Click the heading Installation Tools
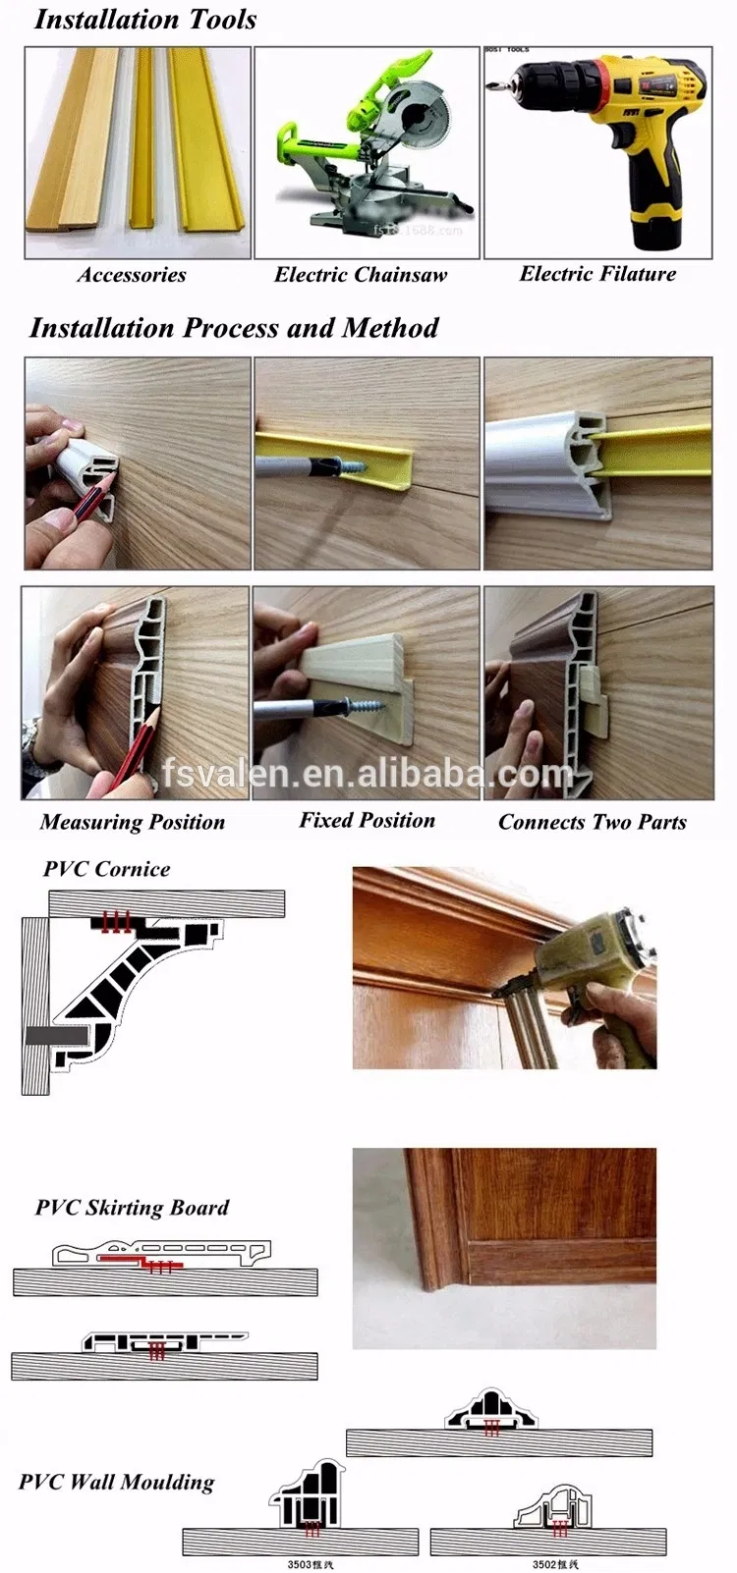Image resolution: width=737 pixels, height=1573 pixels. [145, 20]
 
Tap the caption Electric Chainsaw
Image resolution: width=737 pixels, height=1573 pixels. [360, 275]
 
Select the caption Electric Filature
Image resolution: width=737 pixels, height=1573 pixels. [597, 274]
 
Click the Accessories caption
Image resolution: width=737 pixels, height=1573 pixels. [132, 275]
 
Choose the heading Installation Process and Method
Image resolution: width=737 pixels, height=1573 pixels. [234, 328]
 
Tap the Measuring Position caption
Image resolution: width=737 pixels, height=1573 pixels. [133, 822]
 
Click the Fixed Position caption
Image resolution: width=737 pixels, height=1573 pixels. [367, 820]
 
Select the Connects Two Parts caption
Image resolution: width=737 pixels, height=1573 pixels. [592, 822]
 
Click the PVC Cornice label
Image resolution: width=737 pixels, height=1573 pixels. [106, 869]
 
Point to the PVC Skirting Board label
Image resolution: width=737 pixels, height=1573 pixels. [132, 1208]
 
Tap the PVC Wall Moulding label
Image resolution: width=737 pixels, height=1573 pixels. [116, 1482]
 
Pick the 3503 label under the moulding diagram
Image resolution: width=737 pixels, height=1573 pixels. [310, 1564]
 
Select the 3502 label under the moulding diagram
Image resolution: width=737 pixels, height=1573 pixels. [555, 1564]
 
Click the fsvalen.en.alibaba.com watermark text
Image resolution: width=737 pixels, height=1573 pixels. [368, 774]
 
